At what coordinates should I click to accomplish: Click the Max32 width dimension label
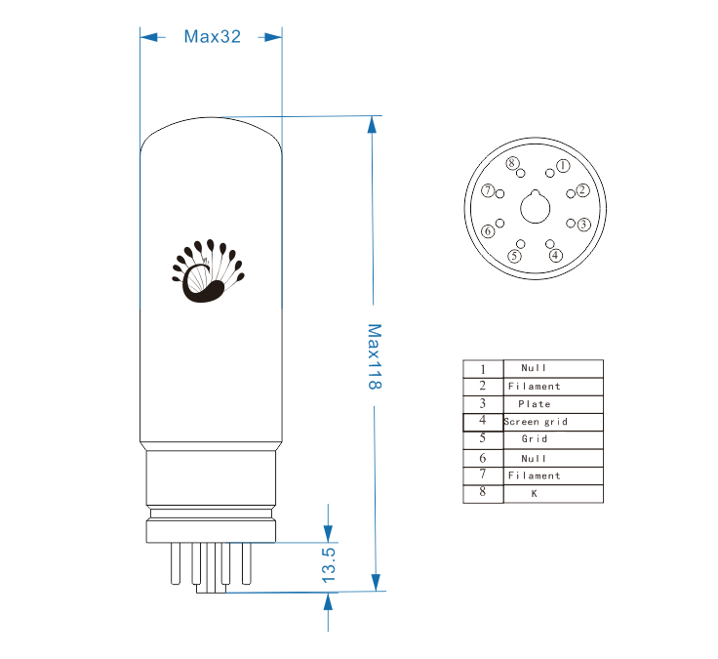(212, 37)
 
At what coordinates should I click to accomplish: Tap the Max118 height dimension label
(375, 356)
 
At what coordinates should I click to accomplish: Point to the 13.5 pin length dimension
(329, 565)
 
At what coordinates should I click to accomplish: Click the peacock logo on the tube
(209, 270)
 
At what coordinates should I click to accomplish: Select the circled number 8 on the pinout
(512, 163)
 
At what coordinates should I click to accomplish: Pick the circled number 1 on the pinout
(563, 166)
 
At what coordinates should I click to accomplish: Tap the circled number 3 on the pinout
(583, 225)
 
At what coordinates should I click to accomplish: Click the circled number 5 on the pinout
(515, 256)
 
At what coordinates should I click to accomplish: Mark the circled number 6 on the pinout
(488, 231)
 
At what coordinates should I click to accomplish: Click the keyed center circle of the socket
(536, 208)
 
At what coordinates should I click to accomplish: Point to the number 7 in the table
(483, 474)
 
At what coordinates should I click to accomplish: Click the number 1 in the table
(483, 369)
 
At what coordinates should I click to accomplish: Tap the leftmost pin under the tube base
(176, 563)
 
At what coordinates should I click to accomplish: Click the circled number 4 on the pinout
(555, 255)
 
